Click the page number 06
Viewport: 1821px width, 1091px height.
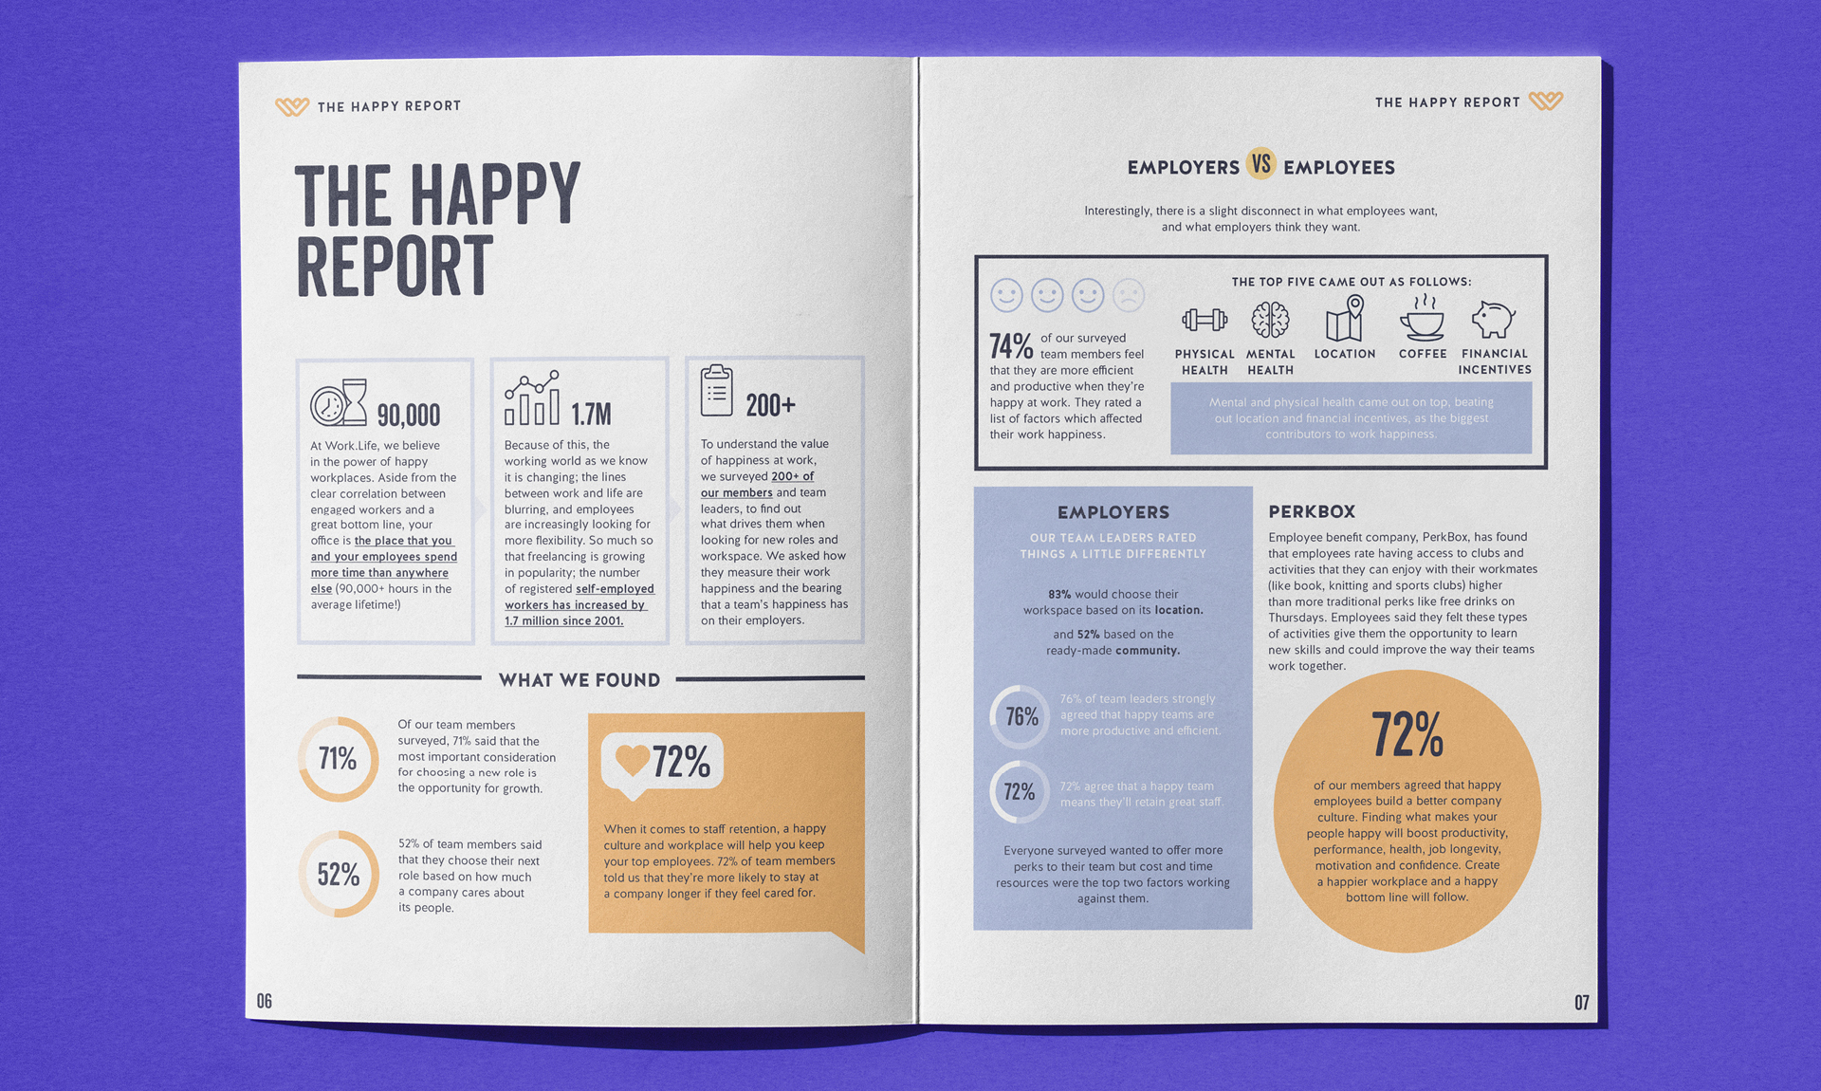click(265, 1001)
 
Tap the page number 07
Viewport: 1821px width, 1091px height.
click(1581, 1003)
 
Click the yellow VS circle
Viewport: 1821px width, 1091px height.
click(1260, 164)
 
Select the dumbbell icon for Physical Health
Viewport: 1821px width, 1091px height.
click(1205, 320)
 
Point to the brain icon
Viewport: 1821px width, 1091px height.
click(1270, 320)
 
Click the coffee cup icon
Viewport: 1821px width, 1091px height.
click(1422, 319)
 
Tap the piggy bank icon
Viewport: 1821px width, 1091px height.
click(1493, 320)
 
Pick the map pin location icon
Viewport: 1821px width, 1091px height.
click(1345, 318)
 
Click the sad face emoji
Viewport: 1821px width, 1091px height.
click(1129, 295)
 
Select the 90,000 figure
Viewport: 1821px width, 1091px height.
click(409, 415)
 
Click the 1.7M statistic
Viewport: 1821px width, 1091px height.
click(591, 414)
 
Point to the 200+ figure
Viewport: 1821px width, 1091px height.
click(770, 406)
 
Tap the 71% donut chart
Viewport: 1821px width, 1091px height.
click(339, 759)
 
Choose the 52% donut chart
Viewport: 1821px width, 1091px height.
click(339, 874)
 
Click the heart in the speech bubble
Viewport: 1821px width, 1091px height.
click(632, 759)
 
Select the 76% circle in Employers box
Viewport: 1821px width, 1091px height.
click(1021, 717)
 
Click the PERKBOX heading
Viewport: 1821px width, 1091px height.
click(1312, 511)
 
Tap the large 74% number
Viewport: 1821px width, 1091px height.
click(1011, 346)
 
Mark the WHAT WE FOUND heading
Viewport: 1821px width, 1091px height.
click(579, 679)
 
